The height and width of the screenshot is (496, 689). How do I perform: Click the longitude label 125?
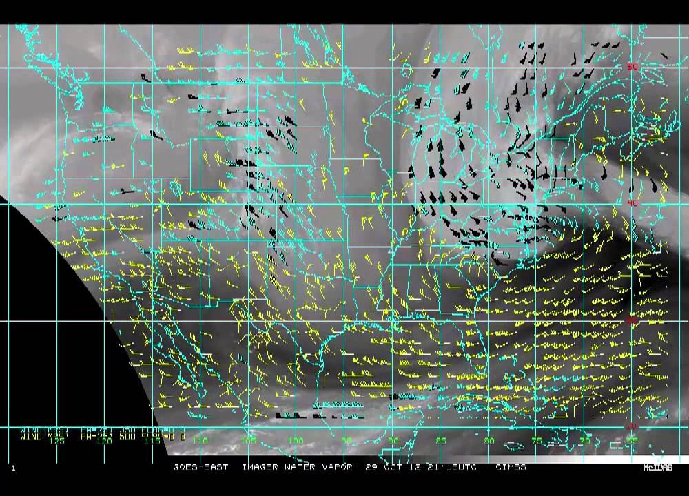click(59, 441)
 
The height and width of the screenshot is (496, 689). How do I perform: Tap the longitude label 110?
click(200, 441)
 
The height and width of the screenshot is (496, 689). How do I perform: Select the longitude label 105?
click(249, 441)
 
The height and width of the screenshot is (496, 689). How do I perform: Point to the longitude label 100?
click(296, 441)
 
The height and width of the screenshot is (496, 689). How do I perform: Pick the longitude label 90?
click(393, 441)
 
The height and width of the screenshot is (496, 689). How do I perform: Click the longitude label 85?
click(441, 441)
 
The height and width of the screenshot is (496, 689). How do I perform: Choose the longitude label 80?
click(489, 441)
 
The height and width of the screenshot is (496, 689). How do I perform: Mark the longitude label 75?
click(537, 441)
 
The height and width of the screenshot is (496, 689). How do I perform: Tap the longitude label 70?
click(585, 441)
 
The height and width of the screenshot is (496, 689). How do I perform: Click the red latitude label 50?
click(632, 67)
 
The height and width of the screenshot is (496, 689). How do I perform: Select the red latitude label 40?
click(632, 204)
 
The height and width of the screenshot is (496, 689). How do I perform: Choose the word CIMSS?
click(511, 467)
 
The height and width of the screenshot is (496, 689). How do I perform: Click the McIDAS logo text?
click(658, 468)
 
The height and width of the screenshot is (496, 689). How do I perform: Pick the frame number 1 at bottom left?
click(12, 468)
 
